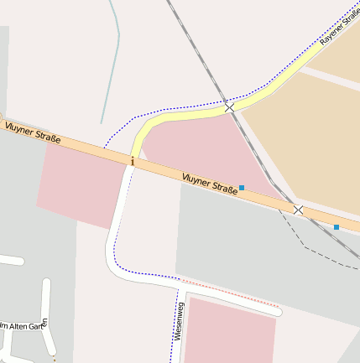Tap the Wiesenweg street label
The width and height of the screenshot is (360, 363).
(179, 322)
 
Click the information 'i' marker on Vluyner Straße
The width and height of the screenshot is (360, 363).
(132, 160)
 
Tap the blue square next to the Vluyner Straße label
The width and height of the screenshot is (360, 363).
(242, 188)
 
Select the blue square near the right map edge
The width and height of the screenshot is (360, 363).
(337, 226)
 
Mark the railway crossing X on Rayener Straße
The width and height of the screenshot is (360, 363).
(229, 107)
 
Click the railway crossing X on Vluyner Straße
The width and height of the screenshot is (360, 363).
(298, 210)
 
